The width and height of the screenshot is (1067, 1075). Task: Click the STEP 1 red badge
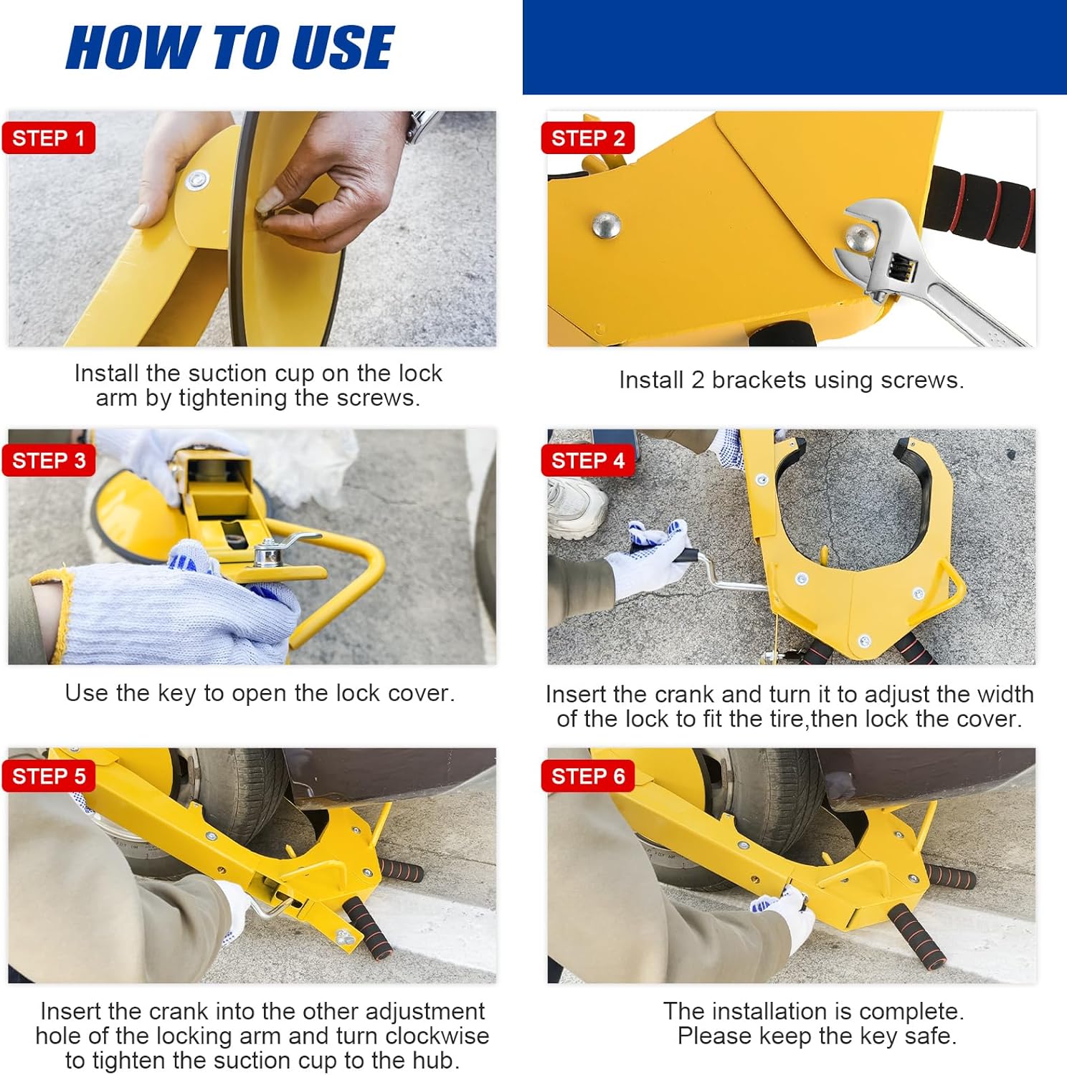pos(48,138)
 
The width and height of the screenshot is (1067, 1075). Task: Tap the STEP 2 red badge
pos(587,138)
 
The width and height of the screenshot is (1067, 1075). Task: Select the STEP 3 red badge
pos(48,460)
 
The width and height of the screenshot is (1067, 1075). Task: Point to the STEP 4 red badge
pos(587,460)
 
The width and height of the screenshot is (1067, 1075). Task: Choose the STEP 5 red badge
pos(48,775)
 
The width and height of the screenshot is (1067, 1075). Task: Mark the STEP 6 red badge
pos(587,775)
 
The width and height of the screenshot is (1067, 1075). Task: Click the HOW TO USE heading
pos(229,48)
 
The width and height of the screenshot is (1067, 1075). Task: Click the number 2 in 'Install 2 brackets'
pos(697,380)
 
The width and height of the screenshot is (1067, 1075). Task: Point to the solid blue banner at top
pos(795,47)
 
